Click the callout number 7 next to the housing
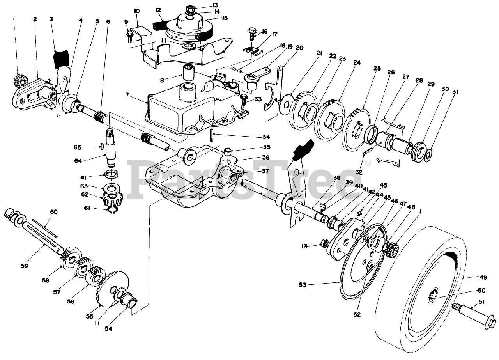pyautogui.click(x=127, y=95)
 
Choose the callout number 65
pyautogui.click(x=77, y=147)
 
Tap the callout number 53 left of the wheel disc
pyautogui.click(x=303, y=285)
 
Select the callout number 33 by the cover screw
pyautogui.click(x=258, y=99)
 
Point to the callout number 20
pyautogui.click(x=299, y=48)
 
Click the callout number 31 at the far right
pyautogui.click(x=455, y=92)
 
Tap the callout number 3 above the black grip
pyautogui.click(x=51, y=19)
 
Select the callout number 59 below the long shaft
pyautogui.click(x=24, y=266)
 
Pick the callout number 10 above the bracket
pyautogui.click(x=137, y=11)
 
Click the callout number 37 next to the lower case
pyautogui.click(x=265, y=171)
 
